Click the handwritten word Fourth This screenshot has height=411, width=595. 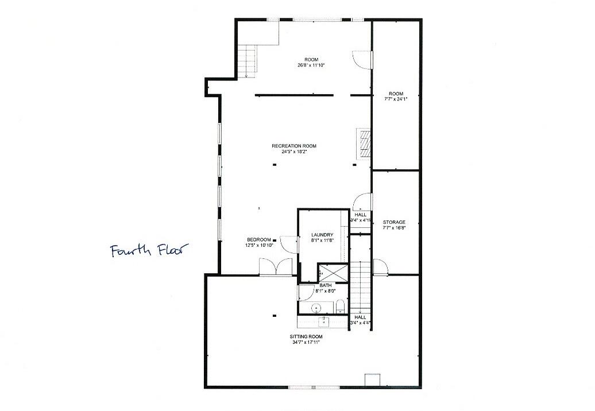click(131, 251)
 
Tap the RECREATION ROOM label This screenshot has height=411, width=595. click(294, 146)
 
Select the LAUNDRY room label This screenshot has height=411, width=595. click(322, 235)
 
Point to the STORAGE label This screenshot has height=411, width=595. click(394, 222)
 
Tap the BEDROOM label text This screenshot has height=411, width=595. click(258, 239)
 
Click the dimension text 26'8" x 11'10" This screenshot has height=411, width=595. click(311, 65)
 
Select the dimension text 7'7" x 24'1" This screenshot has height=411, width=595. click(396, 99)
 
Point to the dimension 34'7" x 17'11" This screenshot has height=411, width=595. click(304, 343)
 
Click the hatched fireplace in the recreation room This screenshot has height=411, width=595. click(364, 142)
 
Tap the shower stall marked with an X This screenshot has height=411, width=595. click(333, 273)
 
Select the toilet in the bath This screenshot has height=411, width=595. click(339, 305)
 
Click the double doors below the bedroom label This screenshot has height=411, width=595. click(276, 267)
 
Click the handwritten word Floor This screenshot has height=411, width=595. click(169, 250)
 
